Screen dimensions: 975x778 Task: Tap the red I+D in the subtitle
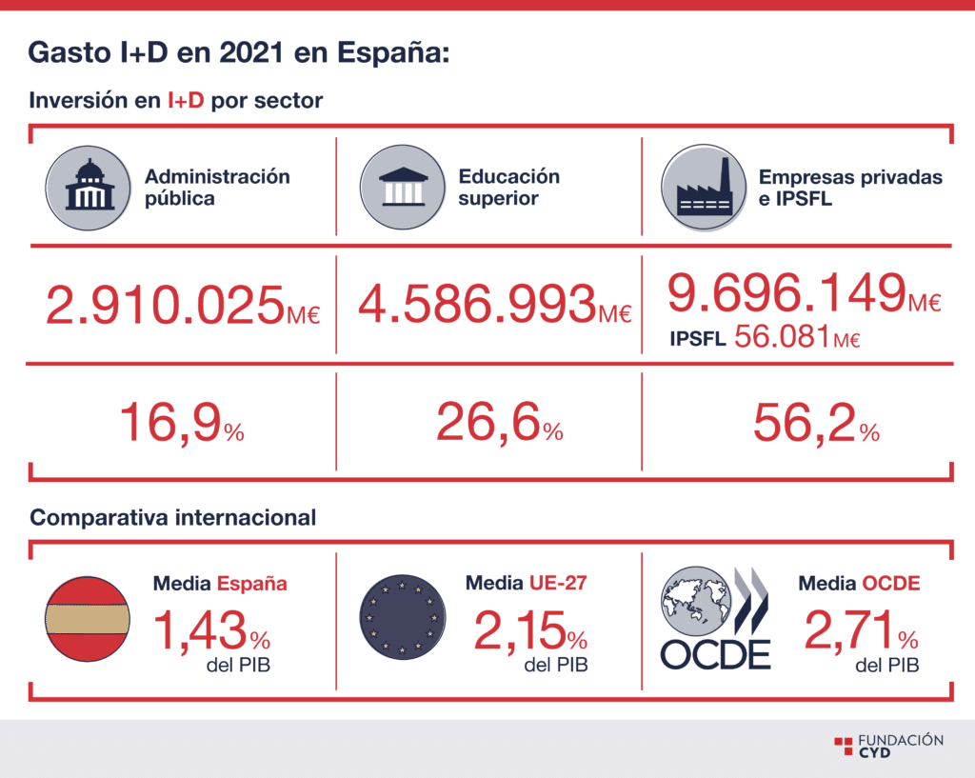point(186,100)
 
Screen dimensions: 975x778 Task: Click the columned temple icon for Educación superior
point(403,188)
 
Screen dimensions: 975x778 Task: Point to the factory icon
point(704,188)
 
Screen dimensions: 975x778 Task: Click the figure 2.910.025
point(166,305)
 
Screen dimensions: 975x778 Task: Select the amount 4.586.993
point(478,304)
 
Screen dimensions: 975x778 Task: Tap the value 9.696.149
point(786,291)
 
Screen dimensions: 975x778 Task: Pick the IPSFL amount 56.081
point(783,336)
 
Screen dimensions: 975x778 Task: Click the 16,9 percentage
point(170,423)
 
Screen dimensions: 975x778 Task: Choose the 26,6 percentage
point(488,423)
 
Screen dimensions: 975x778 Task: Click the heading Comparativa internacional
point(173,517)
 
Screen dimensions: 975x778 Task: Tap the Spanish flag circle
point(88,619)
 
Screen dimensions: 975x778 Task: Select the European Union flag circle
point(403,617)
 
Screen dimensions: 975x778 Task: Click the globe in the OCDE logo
point(696,601)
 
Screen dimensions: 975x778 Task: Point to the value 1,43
point(200,631)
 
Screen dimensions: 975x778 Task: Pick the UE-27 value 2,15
point(520,630)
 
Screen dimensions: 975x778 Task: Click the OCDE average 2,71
point(849,630)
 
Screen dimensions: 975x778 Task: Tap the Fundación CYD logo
point(889,745)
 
